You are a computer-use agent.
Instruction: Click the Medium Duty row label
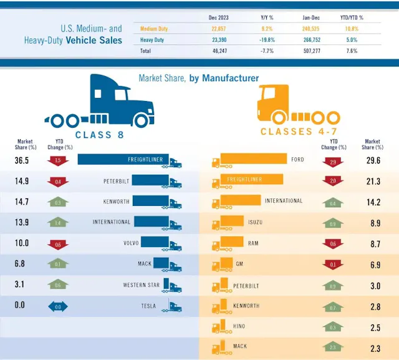(x=154, y=29)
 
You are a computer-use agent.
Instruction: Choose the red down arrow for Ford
(x=334, y=162)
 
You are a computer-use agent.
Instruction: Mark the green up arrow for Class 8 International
(x=58, y=222)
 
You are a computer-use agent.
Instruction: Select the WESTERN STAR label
(x=142, y=285)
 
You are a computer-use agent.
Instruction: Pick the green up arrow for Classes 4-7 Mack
(x=334, y=347)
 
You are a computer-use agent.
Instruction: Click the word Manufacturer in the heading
(x=229, y=78)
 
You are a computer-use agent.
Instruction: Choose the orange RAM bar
(x=228, y=243)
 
